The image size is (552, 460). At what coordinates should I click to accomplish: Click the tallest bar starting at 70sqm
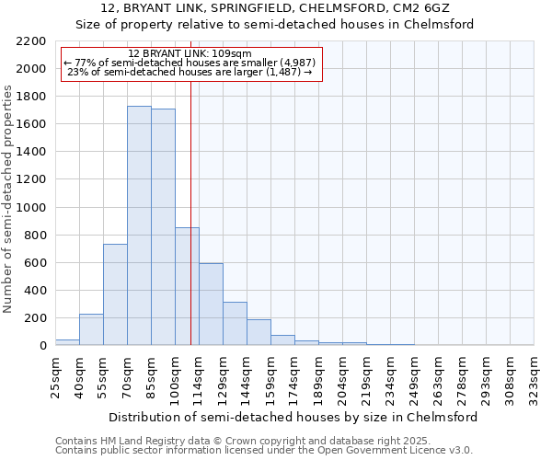coord(139,225)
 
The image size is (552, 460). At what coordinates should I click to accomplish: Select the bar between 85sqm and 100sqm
coord(163,227)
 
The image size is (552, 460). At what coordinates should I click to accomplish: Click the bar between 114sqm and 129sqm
coord(211,304)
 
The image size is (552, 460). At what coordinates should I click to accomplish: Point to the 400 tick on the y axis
coord(35,291)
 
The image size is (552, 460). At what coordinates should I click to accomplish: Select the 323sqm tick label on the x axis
coord(534,377)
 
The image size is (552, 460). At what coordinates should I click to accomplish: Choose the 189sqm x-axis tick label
coord(318,377)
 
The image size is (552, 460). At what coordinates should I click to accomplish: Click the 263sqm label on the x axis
coord(438,377)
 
